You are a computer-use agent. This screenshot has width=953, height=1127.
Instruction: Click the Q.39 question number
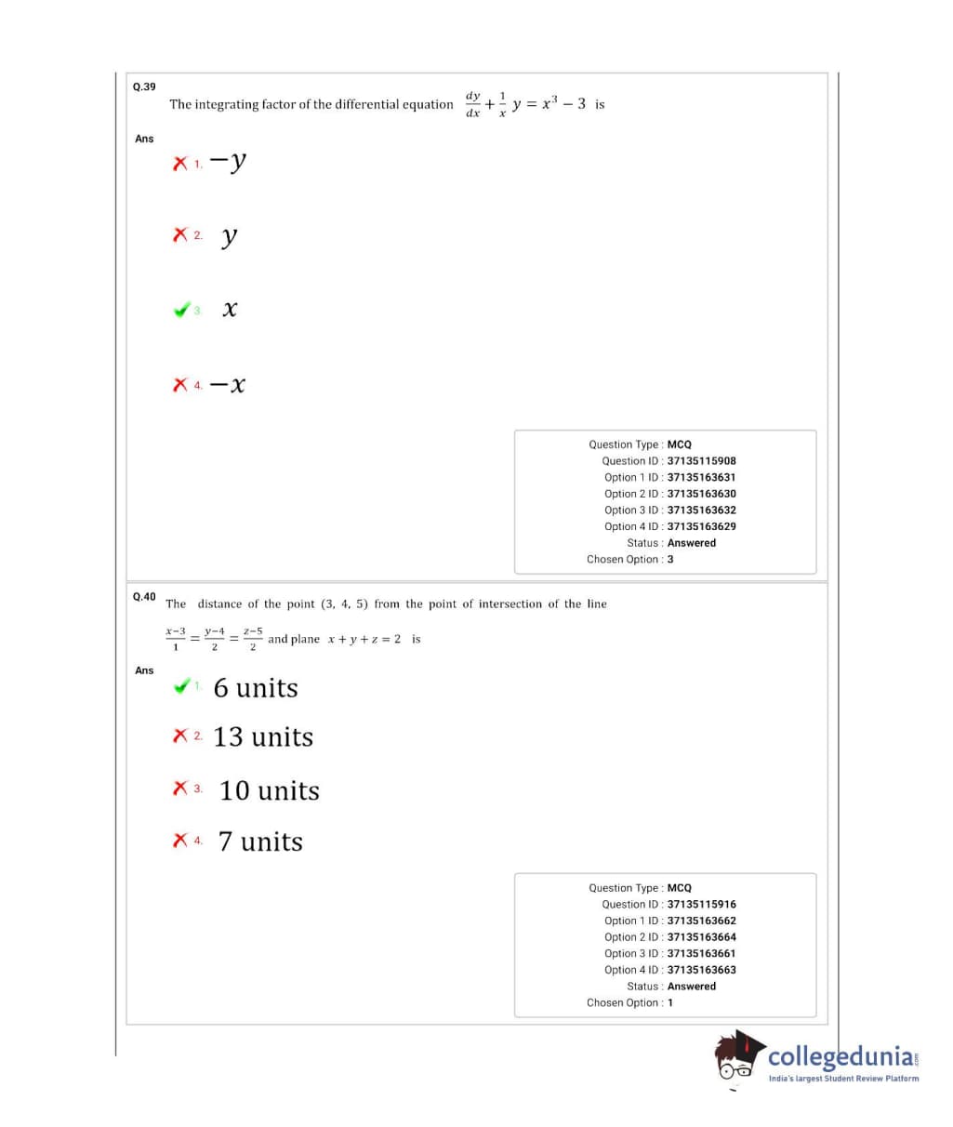144,86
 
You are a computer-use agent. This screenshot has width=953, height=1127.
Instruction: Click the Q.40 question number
144,596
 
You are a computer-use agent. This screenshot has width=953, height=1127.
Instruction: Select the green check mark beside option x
181,310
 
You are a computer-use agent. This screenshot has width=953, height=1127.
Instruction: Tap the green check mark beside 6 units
181,687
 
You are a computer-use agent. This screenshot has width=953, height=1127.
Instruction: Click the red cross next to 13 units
180,736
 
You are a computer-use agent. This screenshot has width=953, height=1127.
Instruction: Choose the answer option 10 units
269,790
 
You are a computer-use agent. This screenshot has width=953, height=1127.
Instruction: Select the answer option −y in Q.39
229,161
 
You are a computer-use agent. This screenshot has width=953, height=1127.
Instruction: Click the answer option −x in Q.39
228,384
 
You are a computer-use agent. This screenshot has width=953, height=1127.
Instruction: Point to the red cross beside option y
180,235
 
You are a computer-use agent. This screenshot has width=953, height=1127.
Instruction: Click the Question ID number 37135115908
701,461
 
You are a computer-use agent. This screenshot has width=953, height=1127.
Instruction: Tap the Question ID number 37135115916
701,905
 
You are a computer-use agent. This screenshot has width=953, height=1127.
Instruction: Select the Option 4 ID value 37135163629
701,526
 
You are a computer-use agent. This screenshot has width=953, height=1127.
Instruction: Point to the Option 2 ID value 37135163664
701,937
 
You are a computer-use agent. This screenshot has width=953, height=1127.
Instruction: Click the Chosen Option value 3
670,560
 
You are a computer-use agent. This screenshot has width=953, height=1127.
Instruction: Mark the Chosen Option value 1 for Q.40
670,1003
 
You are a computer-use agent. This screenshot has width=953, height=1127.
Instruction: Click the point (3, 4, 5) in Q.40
344,604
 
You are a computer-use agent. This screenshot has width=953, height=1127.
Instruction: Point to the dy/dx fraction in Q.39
472,104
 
